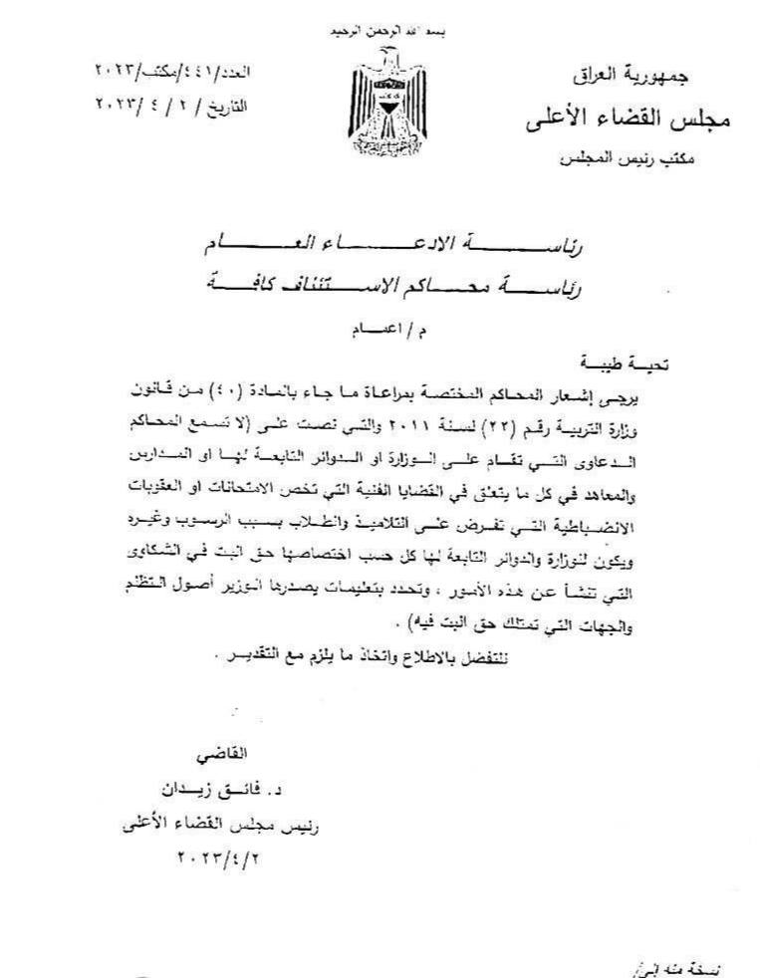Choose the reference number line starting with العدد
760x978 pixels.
173,73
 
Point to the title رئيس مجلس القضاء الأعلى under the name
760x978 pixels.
225,824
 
